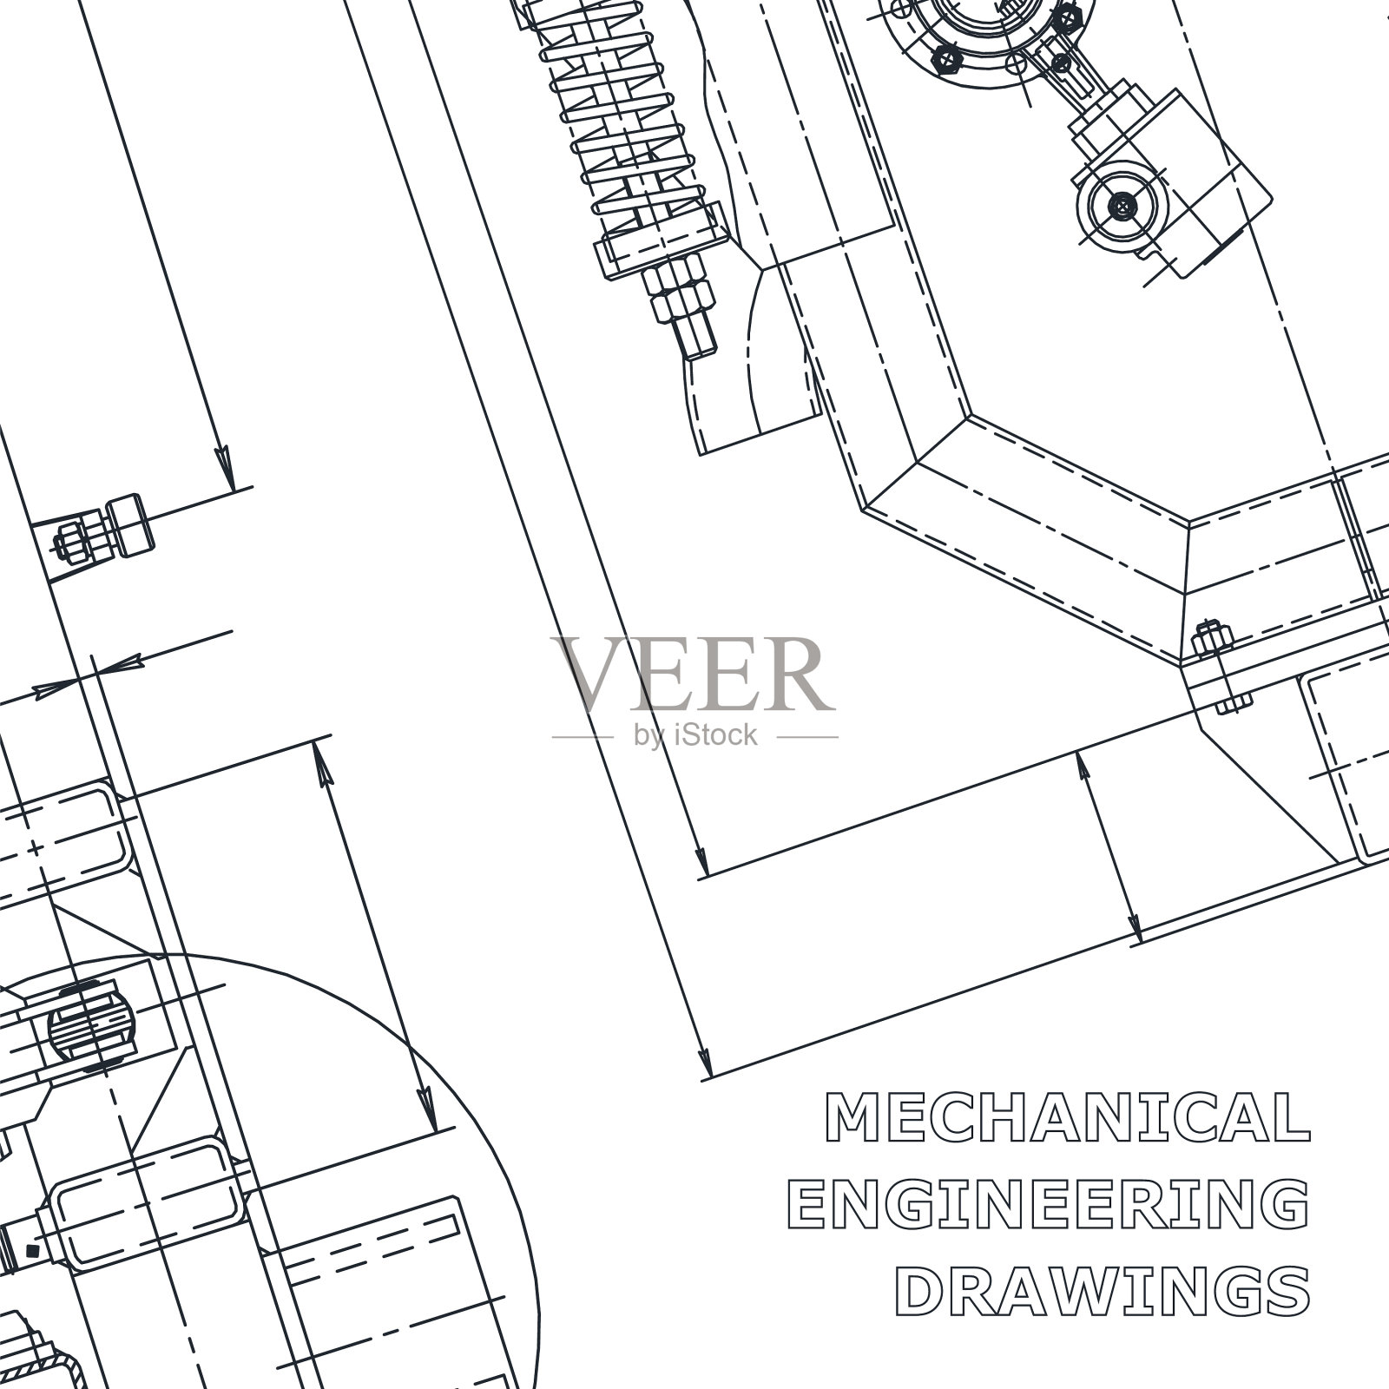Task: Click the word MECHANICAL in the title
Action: click(x=1065, y=1116)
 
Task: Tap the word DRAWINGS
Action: click(x=1102, y=1290)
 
